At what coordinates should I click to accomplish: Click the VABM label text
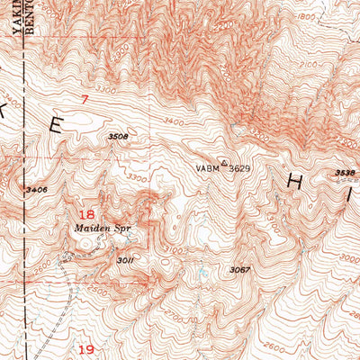coord(206,168)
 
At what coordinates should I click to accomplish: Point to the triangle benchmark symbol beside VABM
coord(224,163)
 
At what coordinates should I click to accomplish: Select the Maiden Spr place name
coord(97,229)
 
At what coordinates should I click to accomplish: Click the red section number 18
coord(87,215)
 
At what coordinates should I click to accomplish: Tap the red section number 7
coord(85,101)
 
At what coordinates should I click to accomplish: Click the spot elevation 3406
coord(37,190)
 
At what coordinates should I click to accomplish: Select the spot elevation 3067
coord(238,270)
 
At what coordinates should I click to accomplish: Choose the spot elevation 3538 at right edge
coord(346,171)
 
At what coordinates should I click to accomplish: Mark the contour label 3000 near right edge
coord(346,256)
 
